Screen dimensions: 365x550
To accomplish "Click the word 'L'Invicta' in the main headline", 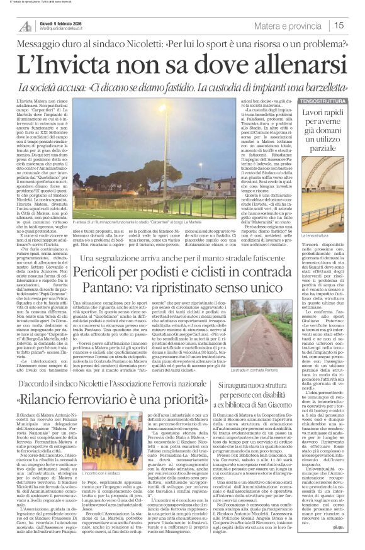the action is coord(65,64).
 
